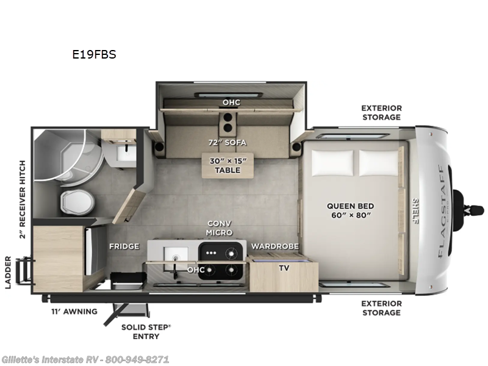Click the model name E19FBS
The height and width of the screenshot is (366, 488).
point(94,54)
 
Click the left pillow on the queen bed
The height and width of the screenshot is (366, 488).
point(332,161)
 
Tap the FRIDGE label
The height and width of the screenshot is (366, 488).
point(124,246)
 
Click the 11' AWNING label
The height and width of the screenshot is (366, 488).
point(73,312)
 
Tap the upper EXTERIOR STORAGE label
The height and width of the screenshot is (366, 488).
point(381,112)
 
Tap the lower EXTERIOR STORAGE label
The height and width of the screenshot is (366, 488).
point(381,308)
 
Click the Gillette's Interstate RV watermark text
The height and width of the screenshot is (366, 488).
point(85,359)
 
